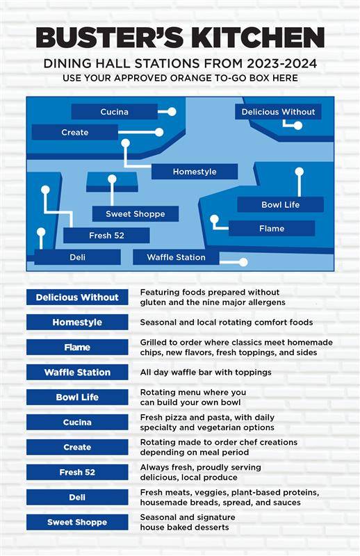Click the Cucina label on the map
click(x=114, y=112)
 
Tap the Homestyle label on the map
click(x=195, y=172)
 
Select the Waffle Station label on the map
click(x=176, y=257)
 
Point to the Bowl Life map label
click(x=280, y=204)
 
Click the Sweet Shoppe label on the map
click(x=135, y=214)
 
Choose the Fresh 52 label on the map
click(x=106, y=236)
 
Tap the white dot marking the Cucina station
click(x=172, y=112)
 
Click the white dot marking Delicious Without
click(x=298, y=125)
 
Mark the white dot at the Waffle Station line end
click(x=243, y=263)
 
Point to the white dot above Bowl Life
click(x=300, y=172)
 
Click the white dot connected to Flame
click(x=214, y=220)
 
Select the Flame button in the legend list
click(x=77, y=347)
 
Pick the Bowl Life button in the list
click(x=77, y=397)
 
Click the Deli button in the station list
click(x=77, y=497)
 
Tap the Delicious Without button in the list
click(x=77, y=297)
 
